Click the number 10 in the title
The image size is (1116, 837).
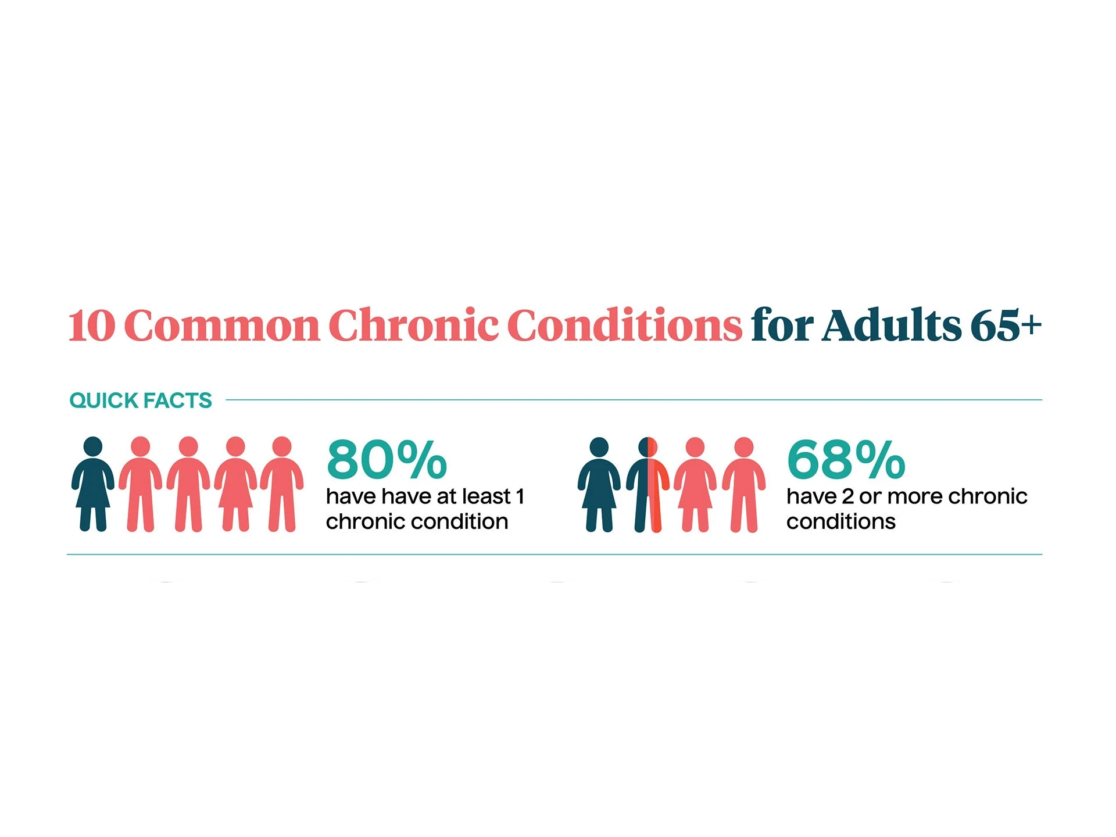point(92,325)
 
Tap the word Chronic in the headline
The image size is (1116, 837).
point(413,324)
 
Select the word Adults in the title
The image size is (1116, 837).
point(892,324)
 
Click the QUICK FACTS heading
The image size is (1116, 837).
point(141,400)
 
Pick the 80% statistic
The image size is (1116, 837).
point(387,460)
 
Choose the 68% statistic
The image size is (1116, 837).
point(846,460)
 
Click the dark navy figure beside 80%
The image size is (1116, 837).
point(93,484)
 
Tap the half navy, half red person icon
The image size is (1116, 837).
point(648,485)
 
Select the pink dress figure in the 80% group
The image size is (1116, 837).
point(235,484)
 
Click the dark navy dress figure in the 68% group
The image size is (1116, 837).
point(599,485)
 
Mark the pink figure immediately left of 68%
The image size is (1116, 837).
point(744,485)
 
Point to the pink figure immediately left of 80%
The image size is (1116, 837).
point(282,484)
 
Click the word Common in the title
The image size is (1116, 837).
point(222,325)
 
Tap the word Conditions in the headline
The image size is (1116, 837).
point(625,324)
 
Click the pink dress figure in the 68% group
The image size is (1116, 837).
point(695,485)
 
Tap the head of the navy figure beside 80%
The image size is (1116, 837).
point(93,446)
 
